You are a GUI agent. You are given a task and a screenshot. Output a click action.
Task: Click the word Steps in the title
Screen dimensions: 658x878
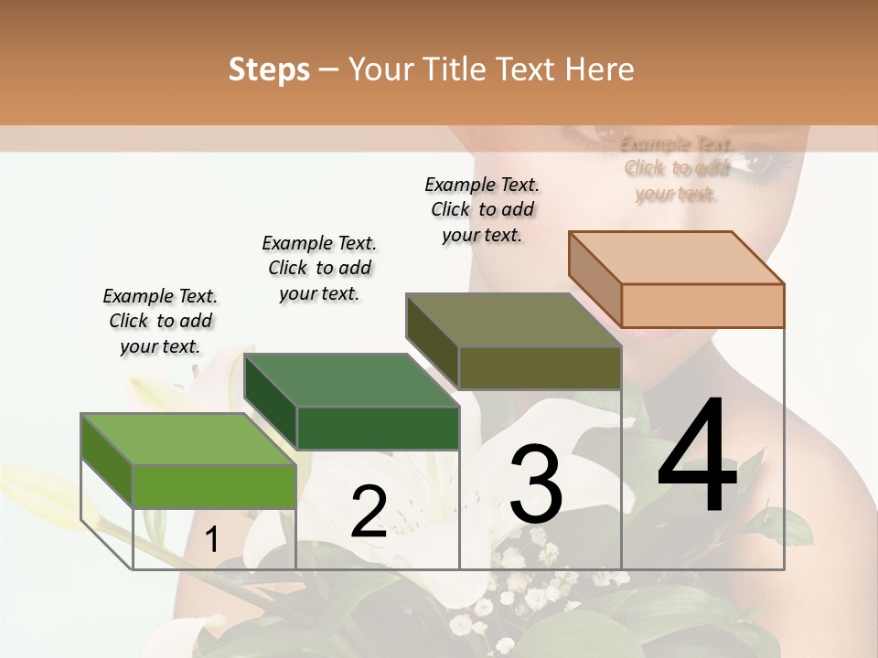pyautogui.click(x=268, y=69)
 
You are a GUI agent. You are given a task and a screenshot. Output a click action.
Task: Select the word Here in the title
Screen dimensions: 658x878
pyautogui.click(x=600, y=69)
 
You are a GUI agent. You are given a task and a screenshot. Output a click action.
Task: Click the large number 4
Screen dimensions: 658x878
pyautogui.click(x=697, y=457)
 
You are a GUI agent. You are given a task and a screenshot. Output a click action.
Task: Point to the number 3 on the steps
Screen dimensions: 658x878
pyautogui.click(x=535, y=484)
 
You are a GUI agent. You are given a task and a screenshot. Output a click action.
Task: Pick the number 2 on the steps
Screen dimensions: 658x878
pyautogui.click(x=369, y=512)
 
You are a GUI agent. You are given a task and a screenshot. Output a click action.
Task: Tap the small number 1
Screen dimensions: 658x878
pyautogui.click(x=212, y=540)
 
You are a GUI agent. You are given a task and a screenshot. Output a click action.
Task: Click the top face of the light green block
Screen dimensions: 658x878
pyautogui.click(x=188, y=439)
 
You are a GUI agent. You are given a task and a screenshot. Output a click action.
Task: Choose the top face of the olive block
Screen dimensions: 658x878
pyautogui.click(x=513, y=320)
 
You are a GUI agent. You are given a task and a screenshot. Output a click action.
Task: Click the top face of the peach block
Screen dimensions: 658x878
pyautogui.click(x=676, y=258)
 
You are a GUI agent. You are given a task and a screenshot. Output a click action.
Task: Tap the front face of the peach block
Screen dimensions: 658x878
pyautogui.click(x=702, y=305)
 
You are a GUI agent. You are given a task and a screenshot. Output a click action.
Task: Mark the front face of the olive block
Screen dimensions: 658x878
pyautogui.click(x=540, y=367)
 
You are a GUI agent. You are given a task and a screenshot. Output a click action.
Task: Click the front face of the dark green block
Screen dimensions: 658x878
pyautogui.click(x=378, y=428)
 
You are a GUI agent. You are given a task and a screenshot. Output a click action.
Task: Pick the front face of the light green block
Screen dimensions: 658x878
pyautogui.click(x=215, y=486)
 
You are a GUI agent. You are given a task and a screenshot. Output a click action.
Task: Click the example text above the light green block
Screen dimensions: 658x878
pyautogui.click(x=160, y=321)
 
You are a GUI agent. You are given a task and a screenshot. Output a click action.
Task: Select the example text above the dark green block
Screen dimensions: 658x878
pyautogui.click(x=319, y=268)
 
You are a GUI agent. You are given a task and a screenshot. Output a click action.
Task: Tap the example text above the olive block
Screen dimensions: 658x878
pyautogui.click(x=482, y=209)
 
